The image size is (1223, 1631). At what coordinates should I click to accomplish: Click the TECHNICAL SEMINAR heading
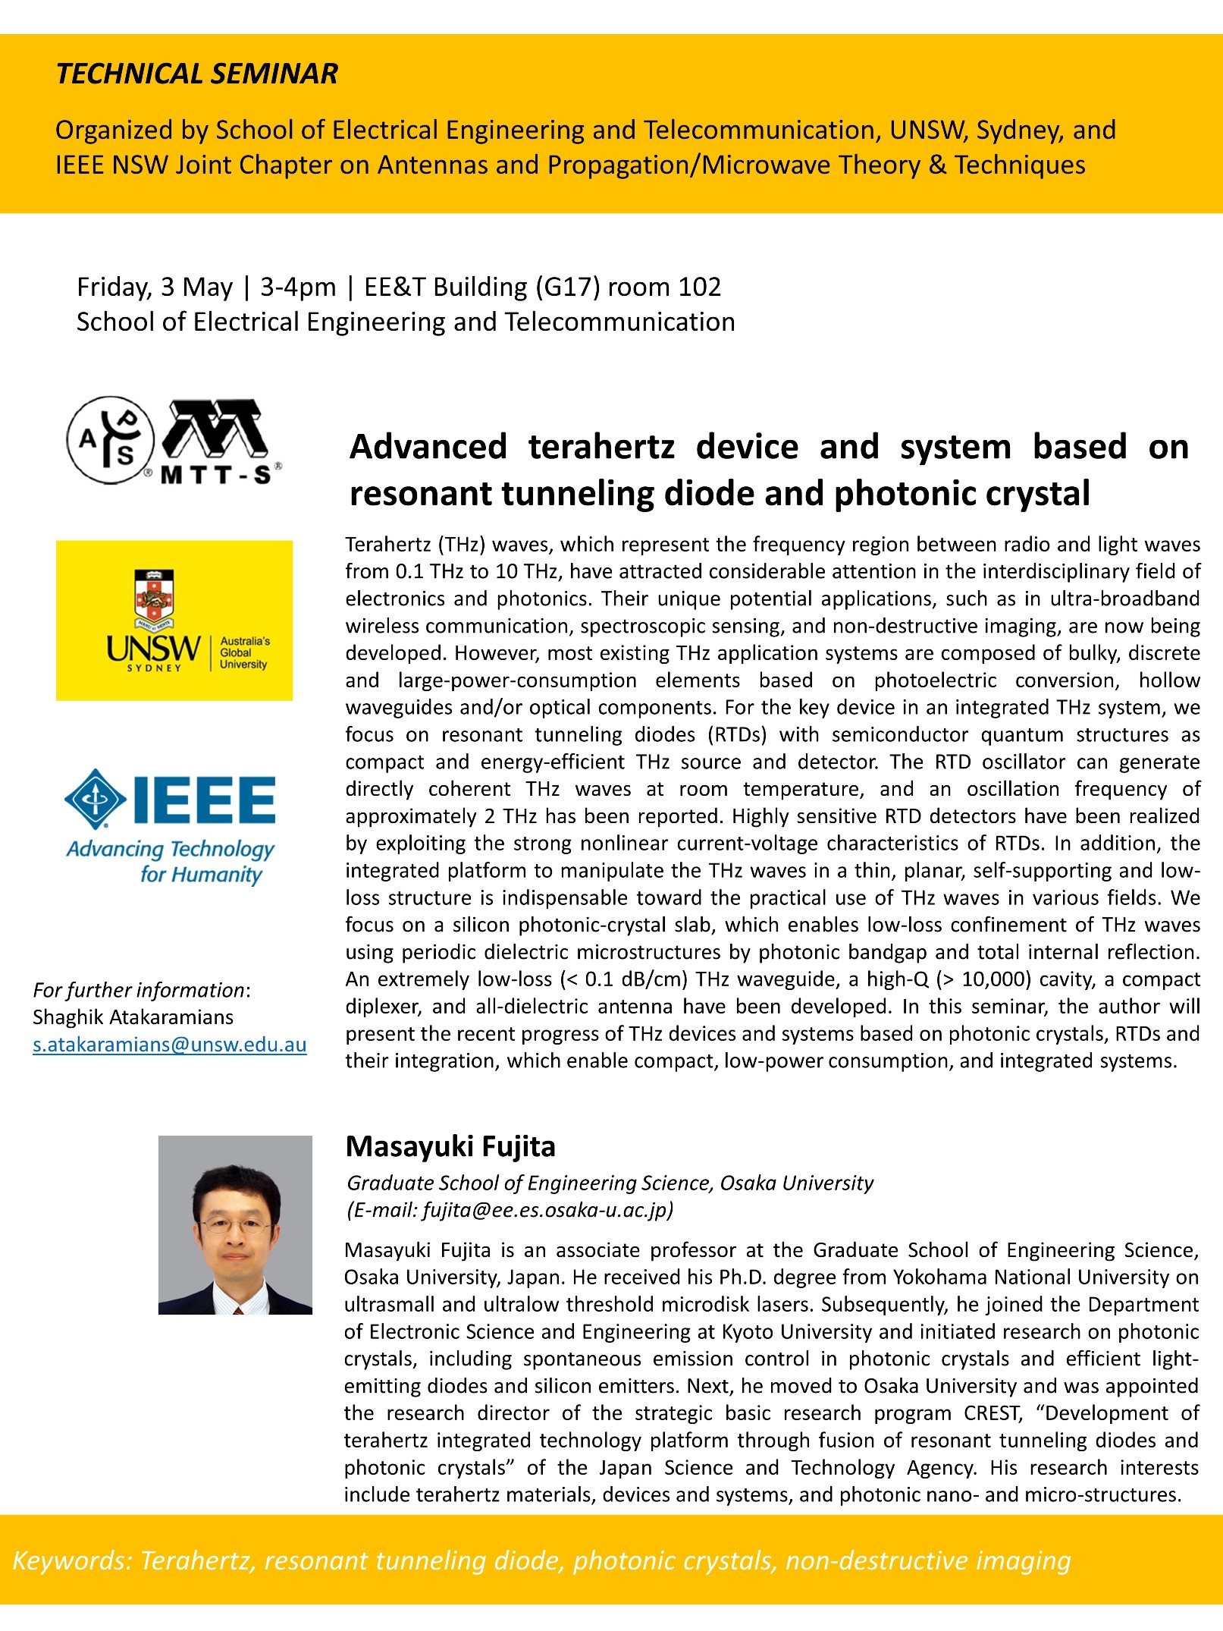tap(196, 74)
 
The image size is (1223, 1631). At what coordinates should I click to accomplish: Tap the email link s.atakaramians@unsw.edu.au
tap(169, 1045)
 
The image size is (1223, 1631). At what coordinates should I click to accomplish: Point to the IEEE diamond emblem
tap(95, 799)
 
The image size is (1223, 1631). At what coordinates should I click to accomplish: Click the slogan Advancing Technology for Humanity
tap(171, 862)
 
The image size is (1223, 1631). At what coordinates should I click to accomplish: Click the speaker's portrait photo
tap(235, 1224)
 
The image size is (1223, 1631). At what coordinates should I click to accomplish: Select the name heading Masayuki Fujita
tap(450, 1146)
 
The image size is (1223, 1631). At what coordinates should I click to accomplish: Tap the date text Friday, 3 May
tap(155, 287)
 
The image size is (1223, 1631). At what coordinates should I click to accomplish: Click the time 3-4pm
tap(298, 287)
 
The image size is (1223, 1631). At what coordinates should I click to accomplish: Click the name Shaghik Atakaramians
tap(133, 1017)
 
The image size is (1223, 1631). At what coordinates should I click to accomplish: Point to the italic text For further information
tap(139, 990)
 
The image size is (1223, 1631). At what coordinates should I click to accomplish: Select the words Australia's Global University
tap(243, 652)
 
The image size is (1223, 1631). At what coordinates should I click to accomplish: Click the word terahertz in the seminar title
tap(601, 447)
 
